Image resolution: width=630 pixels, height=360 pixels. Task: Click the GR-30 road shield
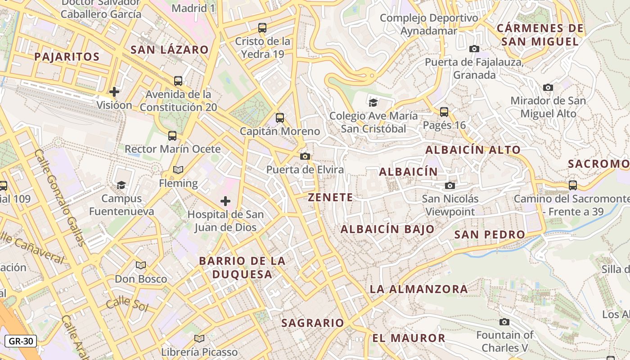click(x=20, y=341)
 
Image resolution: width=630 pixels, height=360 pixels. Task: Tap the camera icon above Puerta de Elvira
click(x=305, y=156)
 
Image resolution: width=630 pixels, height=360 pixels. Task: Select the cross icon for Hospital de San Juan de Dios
click(x=225, y=201)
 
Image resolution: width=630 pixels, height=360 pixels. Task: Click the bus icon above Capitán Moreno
click(x=280, y=118)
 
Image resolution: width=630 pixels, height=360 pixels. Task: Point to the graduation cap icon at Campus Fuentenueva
click(x=121, y=185)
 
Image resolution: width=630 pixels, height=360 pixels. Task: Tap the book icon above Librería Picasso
click(x=199, y=338)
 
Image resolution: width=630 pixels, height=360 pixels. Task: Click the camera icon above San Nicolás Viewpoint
click(x=450, y=185)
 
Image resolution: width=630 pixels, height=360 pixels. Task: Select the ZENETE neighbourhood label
click(x=331, y=197)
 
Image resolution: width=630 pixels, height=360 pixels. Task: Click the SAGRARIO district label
click(x=313, y=323)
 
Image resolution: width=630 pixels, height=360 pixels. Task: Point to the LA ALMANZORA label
click(x=419, y=289)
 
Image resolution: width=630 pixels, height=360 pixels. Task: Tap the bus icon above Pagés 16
click(x=444, y=112)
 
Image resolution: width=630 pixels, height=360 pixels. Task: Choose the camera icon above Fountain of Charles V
click(x=504, y=322)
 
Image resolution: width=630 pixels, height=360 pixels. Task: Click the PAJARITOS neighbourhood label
click(x=67, y=57)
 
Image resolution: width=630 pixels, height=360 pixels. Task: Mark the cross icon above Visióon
click(x=114, y=92)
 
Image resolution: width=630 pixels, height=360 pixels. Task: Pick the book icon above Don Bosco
click(x=141, y=265)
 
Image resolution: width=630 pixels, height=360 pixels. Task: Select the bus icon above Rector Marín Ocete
click(x=172, y=135)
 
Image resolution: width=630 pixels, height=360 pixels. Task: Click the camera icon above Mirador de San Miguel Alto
click(x=548, y=87)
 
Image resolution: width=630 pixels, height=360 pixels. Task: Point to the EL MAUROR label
click(x=409, y=338)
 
